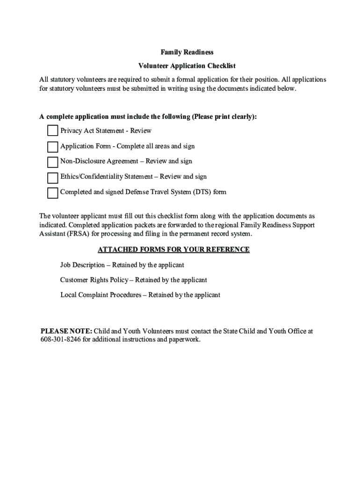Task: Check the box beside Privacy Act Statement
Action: coord(53,131)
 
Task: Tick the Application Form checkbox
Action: coord(53,146)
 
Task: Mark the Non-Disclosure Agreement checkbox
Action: coord(53,162)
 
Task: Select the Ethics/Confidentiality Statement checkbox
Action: coord(53,177)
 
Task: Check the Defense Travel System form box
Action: coord(53,192)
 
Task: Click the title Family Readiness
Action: coord(180,52)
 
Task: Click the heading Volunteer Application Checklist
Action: coord(180,66)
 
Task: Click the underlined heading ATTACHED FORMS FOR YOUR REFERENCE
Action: coord(173,250)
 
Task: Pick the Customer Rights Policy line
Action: coord(133,280)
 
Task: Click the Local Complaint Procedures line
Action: coord(140,295)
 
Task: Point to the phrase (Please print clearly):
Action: coord(224,117)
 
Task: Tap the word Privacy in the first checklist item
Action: coord(71,131)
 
